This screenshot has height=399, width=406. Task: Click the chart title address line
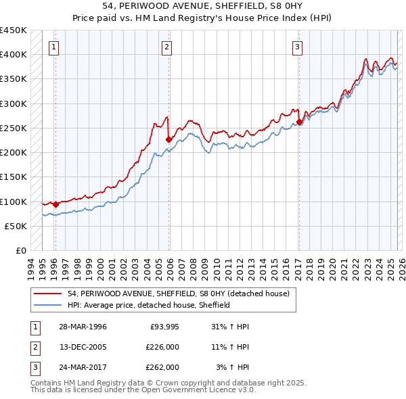tap(203, 6)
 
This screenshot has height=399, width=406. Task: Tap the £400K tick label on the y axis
tap(13, 55)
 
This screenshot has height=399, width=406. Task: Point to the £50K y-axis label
tap(16, 226)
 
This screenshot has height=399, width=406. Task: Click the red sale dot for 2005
tap(168, 140)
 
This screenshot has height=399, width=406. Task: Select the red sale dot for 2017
tap(299, 122)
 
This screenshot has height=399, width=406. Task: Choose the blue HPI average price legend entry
tap(149, 305)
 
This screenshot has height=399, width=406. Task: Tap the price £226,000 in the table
tap(162, 347)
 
